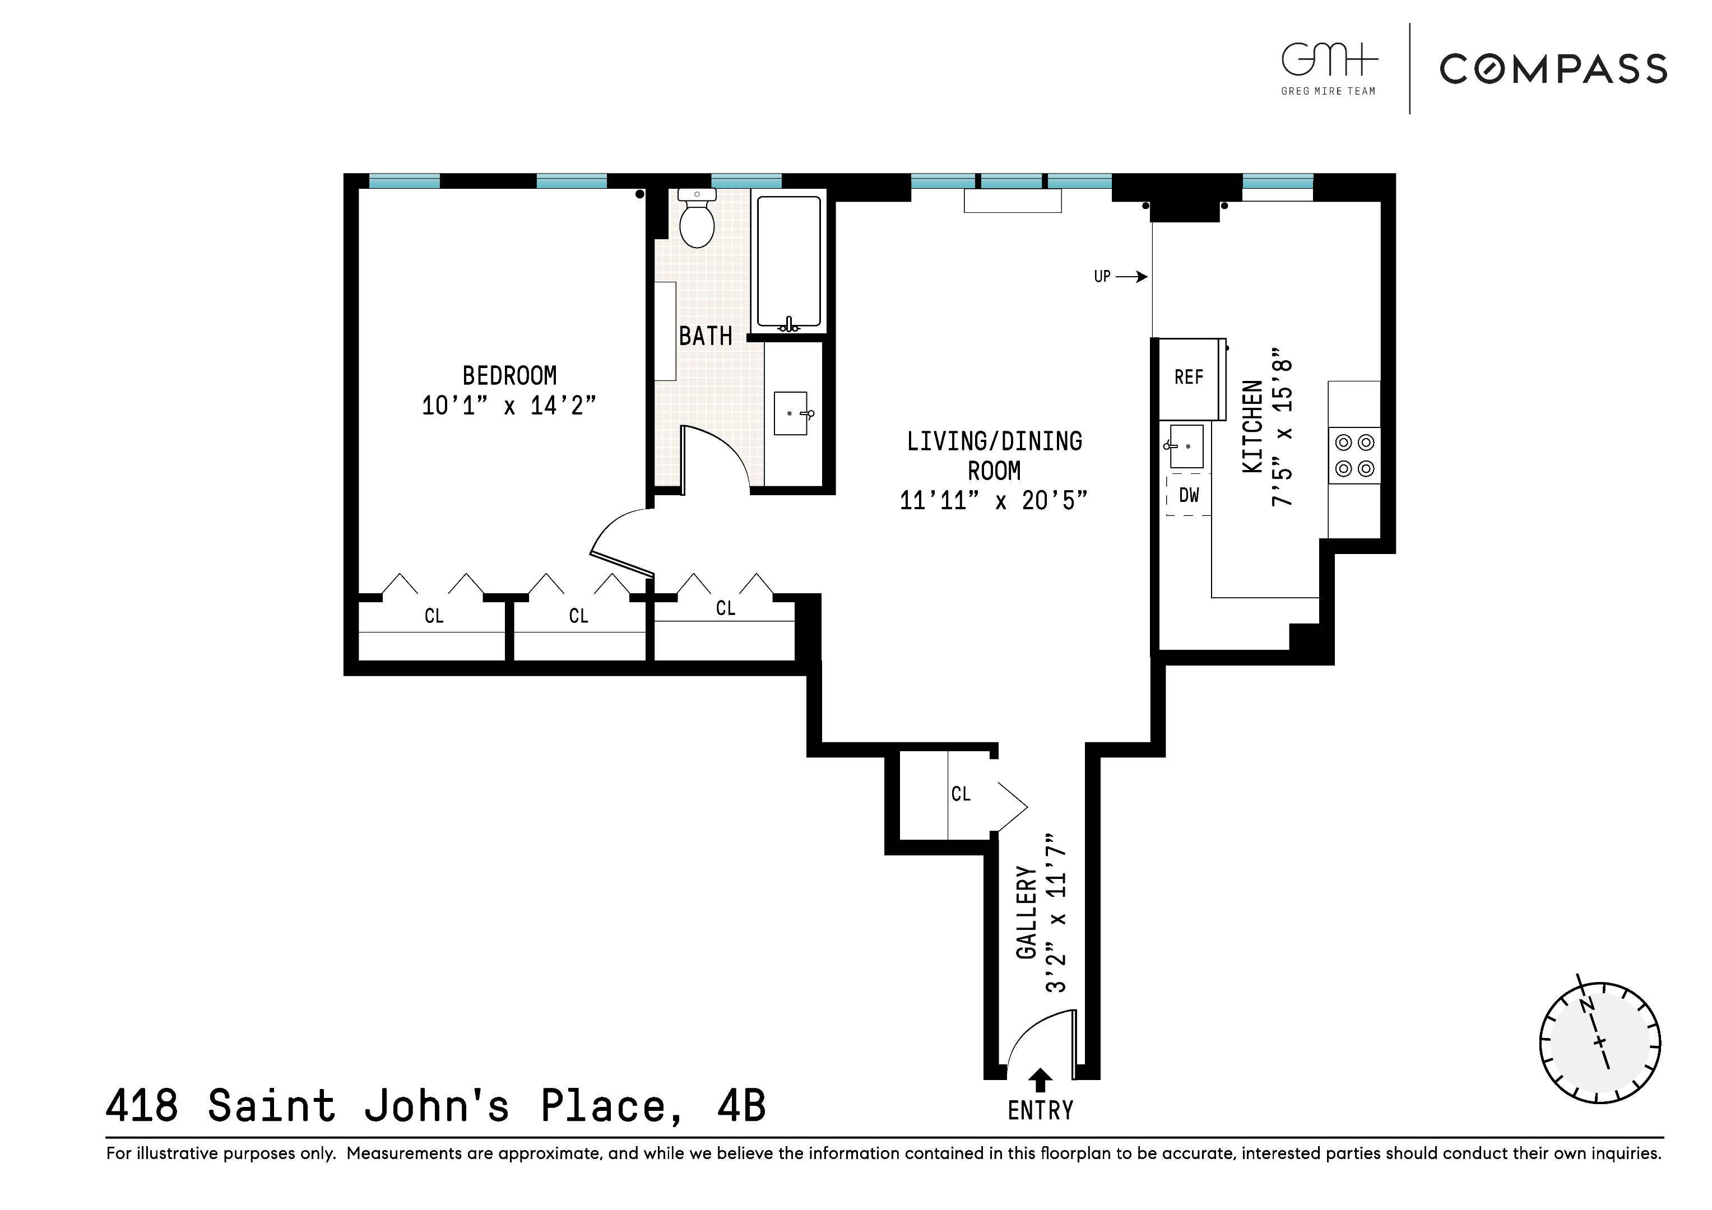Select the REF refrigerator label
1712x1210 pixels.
tap(1189, 377)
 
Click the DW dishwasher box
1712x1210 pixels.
tap(1189, 495)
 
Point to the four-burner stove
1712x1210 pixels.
tap(1354, 455)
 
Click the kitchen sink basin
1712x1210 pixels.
tap(1187, 446)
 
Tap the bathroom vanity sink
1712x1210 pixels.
tap(790, 413)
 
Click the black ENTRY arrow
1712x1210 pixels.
tap(1040, 1080)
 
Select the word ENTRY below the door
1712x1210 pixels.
tap(1040, 1111)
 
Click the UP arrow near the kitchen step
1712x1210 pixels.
tap(1131, 277)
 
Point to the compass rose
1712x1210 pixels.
tap(1599, 1043)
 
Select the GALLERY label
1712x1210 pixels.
tap(1027, 913)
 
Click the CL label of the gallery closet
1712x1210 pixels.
tap(961, 794)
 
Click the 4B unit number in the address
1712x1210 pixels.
tap(741, 1106)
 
